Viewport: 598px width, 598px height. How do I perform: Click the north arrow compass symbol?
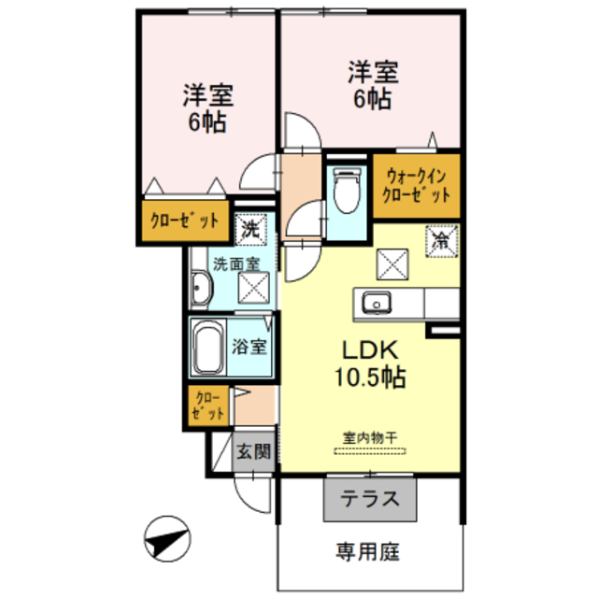point(165,539)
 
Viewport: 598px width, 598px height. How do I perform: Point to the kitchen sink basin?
point(376,303)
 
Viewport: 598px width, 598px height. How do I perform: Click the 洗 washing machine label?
point(250,226)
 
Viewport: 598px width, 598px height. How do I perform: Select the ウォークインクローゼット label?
point(417,185)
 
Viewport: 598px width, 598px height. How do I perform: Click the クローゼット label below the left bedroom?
point(185,222)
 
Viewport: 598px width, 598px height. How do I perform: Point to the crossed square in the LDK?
point(391,265)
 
